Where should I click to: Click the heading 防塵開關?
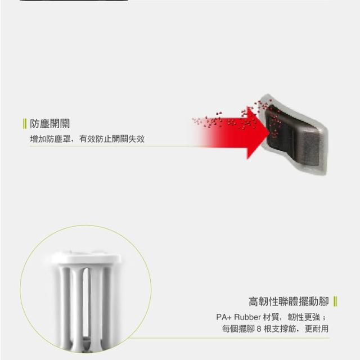tap(49, 124)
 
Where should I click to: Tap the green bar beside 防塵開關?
tap(24, 124)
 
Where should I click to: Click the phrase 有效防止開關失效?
tap(111, 139)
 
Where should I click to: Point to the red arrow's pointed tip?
tap(269, 133)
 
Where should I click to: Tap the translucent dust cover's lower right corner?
tap(325, 174)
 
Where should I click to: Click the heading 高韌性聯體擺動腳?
tap(289, 301)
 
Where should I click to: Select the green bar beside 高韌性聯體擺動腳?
tap(335, 301)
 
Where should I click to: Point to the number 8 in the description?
tap(259, 329)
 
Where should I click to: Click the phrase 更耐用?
tap(316, 329)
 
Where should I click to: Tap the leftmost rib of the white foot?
tap(65, 305)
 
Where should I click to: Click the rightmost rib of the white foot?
tap(107, 305)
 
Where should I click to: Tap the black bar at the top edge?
tap(74, 0)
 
